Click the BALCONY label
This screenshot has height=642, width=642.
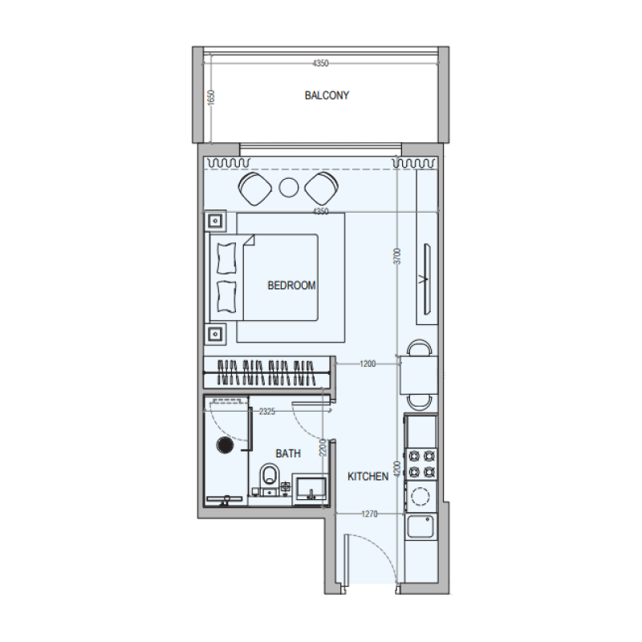[x=327, y=95]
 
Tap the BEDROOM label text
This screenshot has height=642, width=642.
[x=291, y=285]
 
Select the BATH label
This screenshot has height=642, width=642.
[x=288, y=453]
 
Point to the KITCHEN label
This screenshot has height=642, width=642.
[x=368, y=477]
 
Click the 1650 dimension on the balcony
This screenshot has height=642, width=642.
[x=211, y=97]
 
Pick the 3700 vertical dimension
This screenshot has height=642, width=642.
[x=397, y=256]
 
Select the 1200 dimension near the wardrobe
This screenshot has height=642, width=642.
[x=367, y=364]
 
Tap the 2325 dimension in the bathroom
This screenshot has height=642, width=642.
[x=267, y=412]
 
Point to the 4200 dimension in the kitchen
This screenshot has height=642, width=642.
[x=397, y=469]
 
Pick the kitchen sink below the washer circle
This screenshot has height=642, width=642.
[x=421, y=526]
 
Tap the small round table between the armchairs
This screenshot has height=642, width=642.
[x=289, y=189]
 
